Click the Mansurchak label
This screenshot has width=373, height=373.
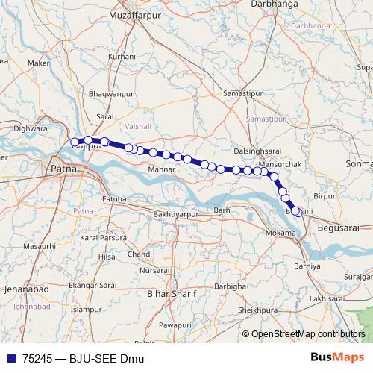tap(279, 163)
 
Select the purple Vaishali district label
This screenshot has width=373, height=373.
tap(139, 127)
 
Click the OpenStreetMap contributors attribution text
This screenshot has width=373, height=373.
tap(307, 335)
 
